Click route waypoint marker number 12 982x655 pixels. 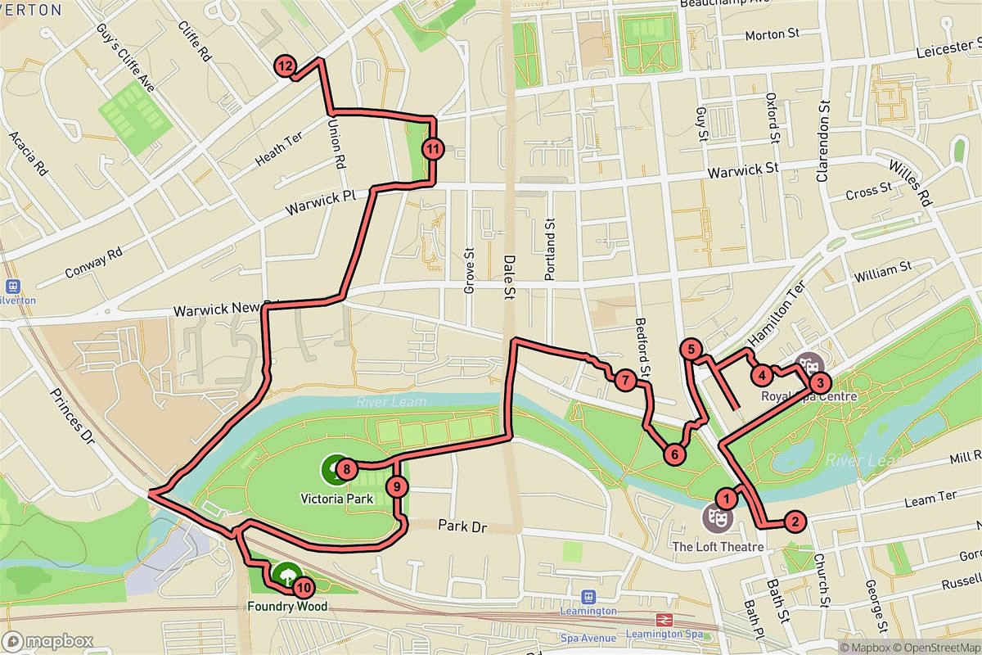285,67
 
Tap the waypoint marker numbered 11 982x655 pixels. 433,149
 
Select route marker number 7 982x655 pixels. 624,380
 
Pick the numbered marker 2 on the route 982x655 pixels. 792,520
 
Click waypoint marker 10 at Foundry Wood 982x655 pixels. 303,587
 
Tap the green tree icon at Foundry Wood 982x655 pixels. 286,575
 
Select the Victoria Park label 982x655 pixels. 337,499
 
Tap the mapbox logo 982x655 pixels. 47,641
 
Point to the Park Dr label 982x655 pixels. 462,527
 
